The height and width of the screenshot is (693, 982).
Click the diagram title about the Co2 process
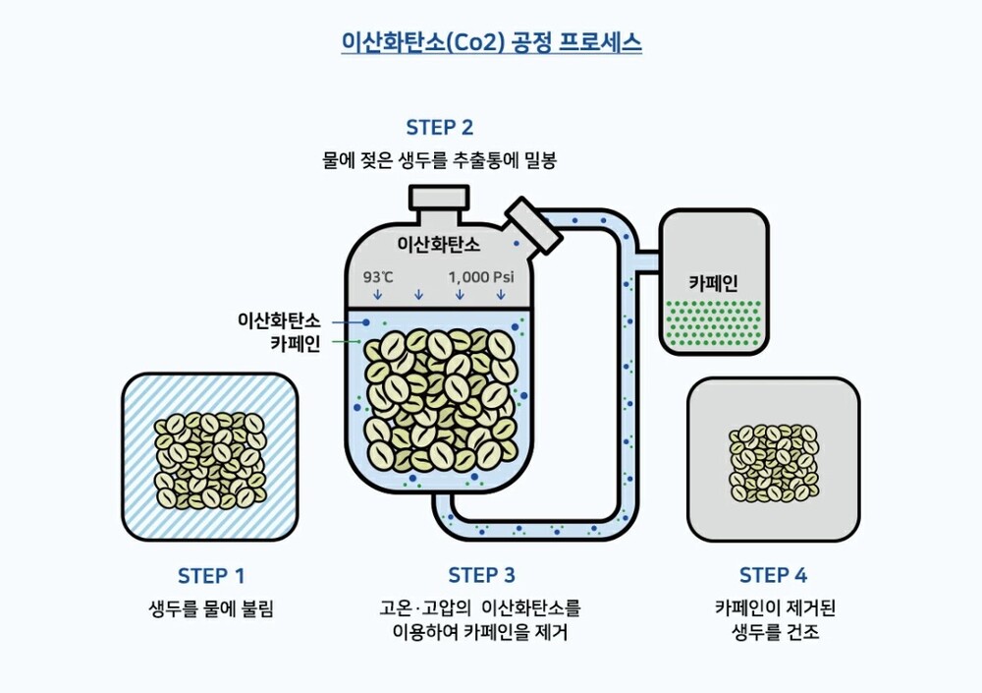(x=490, y=42)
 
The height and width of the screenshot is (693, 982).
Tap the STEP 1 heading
(x=211, y=576)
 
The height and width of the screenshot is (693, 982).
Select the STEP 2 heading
(x=439, y=128)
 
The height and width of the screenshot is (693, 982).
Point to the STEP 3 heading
(x=481, y=576)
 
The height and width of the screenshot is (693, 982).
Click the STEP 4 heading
(x=773, y=576)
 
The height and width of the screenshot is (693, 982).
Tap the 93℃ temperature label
(x=378, y=277)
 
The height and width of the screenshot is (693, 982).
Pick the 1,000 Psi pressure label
(x=481, y=277)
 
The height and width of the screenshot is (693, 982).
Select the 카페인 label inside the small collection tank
(x=713, y=283)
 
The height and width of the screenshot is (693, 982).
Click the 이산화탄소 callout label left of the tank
(x=279, y=320)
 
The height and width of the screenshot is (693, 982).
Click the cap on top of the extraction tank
(x=440, y=198)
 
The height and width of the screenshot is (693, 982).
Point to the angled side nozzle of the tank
(x=531, y=224)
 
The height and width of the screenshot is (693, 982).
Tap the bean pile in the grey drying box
(x=774, y=461)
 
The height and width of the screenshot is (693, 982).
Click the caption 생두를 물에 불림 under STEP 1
(x=210, y=609)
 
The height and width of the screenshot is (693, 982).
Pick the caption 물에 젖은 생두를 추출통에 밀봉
(x=439, y=159)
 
